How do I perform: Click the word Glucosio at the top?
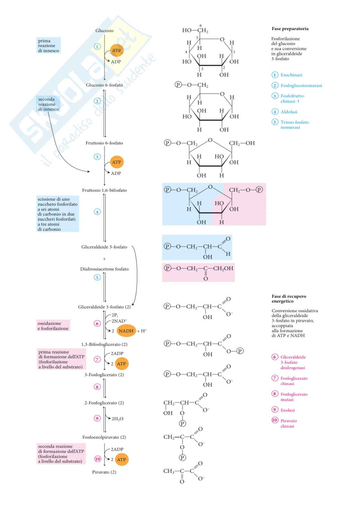(104, 31)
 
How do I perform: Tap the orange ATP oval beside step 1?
(116, 50)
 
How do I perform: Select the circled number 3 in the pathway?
(97, 157)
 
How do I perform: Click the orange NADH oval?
(126, 331)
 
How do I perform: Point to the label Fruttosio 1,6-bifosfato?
(104, 190)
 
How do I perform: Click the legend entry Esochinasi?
(291, 75)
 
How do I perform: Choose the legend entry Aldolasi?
(289, 112)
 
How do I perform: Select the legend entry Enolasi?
(287, 410)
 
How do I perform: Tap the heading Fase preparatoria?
(290, 29)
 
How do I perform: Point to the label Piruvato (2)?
(104, 472)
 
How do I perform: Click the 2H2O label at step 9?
(117, 419)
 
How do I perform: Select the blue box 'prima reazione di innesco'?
(49, 46)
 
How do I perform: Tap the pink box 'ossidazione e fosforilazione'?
(53, 326)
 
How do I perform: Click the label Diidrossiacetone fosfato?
(104, 269)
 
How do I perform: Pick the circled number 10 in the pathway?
(97, 459)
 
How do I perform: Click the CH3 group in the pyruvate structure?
(169, 471)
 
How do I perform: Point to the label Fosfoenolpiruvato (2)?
(104, 437)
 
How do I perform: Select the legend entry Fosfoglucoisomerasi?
(301, 86)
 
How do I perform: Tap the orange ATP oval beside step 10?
(121, 460)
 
